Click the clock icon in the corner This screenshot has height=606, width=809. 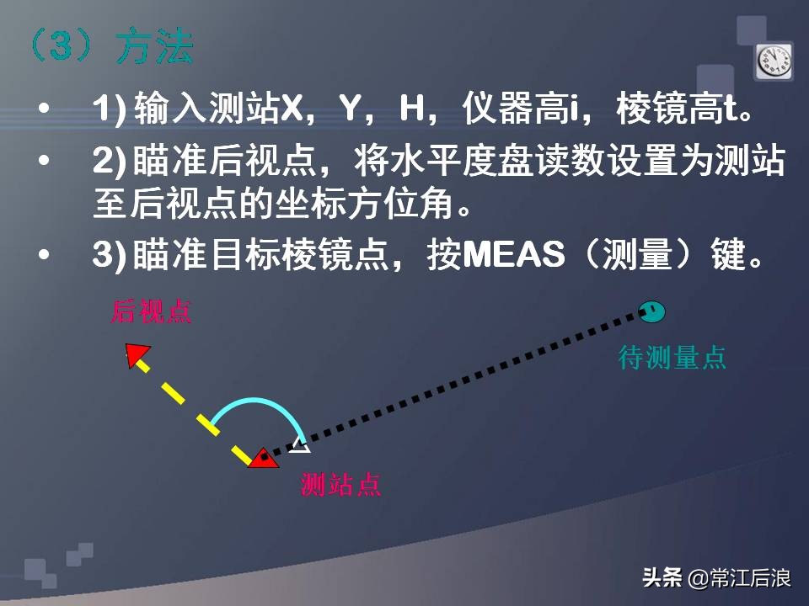(773, 61)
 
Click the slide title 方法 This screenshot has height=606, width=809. (154, 48)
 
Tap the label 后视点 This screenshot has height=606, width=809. (152, 312)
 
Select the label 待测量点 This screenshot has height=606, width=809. (672, 358)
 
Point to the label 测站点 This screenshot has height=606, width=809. (341, 485)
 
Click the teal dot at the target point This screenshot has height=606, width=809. (651, 311)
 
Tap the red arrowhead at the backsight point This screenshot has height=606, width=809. (136, 354)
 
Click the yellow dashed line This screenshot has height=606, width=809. (193, 407)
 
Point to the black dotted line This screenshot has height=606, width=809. (472, 379)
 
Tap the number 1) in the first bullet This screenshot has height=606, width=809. (110, 109)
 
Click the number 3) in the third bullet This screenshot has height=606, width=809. (110, 255)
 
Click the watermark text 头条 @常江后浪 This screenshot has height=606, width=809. (715, 577)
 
